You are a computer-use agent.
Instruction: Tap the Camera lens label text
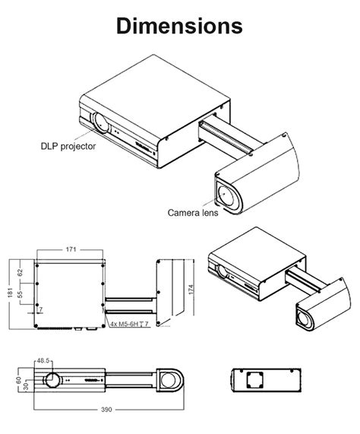tap(193, 214)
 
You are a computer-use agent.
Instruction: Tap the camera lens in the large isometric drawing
tap(227, 195)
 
